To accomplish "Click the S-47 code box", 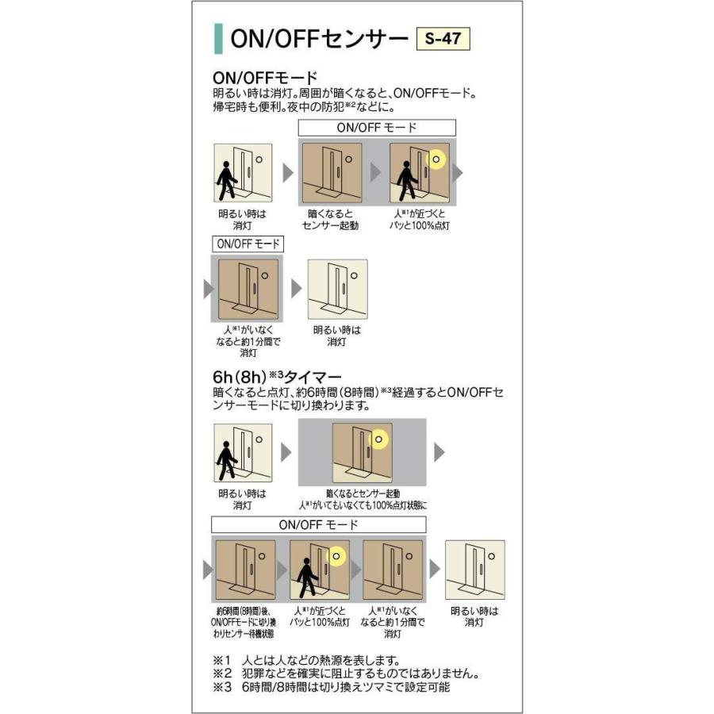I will coord(443,38).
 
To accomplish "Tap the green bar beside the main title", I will coord(218,38).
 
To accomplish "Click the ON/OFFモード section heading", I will coord(265,78).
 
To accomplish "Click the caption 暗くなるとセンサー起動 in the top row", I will coord(330,220).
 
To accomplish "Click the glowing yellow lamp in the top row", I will coord(436,161).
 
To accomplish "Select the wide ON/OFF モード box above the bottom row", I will coord(318,524).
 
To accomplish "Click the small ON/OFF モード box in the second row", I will coord(245,244).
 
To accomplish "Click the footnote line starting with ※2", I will coord(344,674).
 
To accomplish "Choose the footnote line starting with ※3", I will coord(331,687).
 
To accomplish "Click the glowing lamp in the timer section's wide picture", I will coord(378,439).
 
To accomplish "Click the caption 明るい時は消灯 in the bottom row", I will coord(474,616).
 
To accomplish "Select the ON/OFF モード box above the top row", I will coord(377,128).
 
